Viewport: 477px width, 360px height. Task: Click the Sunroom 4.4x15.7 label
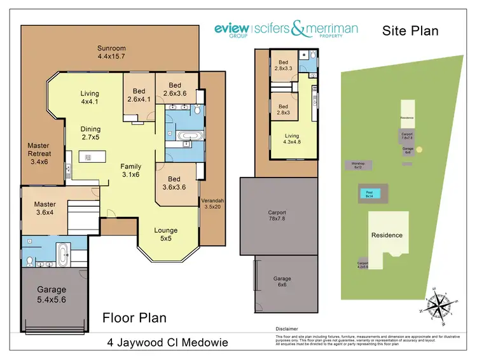(111, 52)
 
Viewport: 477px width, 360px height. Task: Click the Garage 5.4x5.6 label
(52, 294)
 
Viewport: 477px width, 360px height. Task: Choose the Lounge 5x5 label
(166, 234)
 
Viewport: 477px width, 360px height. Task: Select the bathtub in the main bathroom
(186, 135)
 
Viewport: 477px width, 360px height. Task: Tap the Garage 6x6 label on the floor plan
(282, 282)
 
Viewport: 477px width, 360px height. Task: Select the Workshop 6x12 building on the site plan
(358, 165)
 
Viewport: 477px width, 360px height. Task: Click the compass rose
(437, 304)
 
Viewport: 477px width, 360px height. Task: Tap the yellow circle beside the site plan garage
(419, 150)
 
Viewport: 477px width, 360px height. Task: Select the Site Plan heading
(410, 30)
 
